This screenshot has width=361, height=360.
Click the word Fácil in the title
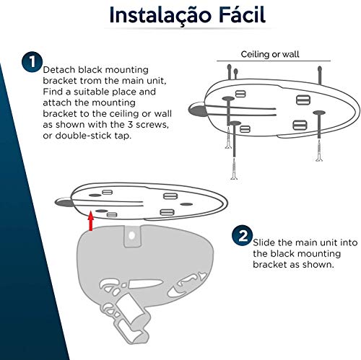(243, 14)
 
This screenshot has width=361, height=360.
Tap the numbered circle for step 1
(32, 62)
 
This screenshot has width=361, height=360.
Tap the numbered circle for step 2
(243, 236)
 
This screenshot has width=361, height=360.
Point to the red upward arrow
(91, 221)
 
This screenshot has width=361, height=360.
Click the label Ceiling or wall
(270, 54)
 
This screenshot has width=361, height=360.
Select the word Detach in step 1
(59, 70)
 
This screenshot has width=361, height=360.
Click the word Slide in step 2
(264, 242)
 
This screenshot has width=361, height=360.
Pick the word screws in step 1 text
(152, 125)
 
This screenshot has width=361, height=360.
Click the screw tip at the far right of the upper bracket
(319, 159)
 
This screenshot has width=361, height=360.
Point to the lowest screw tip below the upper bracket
(234, 177)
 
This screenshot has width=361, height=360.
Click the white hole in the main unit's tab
(132, 235)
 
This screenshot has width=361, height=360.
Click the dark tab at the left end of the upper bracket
(196, 110)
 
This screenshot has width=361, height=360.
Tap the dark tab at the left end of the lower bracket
(63, 202)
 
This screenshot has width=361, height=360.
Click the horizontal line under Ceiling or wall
(274, 61)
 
